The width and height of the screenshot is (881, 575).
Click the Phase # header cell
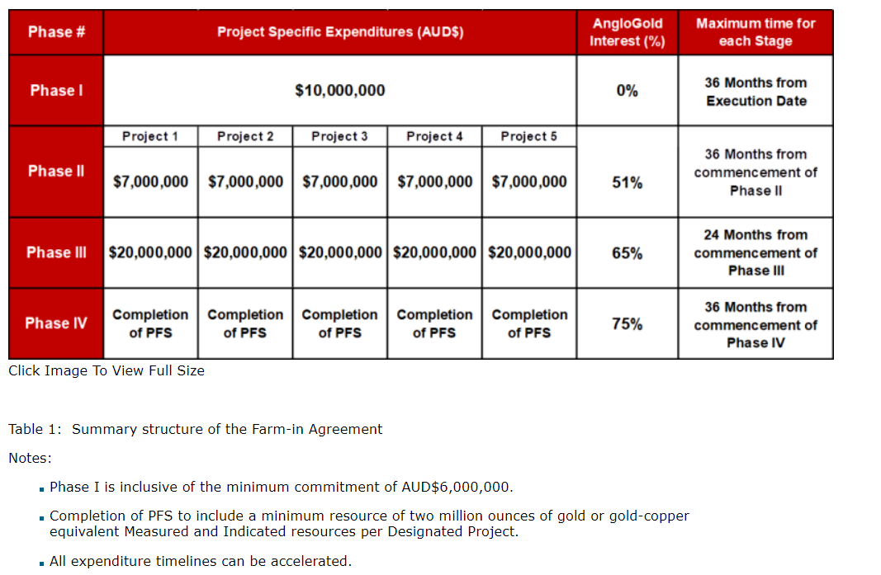pos(55,32)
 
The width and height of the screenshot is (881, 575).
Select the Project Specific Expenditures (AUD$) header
pos(340,32)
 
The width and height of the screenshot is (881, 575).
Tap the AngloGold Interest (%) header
pos(627,32)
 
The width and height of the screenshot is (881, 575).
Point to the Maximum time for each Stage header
pos(755,32)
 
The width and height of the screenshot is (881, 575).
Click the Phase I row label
pos(55,90)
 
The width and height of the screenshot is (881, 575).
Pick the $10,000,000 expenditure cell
pos(340,90)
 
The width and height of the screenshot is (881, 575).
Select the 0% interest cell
pos(627,90)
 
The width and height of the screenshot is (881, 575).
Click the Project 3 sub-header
pos(339,136)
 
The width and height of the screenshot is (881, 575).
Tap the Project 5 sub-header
pos(528,136)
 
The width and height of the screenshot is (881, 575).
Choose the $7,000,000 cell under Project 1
pos(150,181)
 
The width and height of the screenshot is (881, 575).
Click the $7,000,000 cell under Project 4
pos(434,181)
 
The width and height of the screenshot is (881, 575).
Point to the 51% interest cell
pos(627,182)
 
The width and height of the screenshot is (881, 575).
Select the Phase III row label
pos(55,252)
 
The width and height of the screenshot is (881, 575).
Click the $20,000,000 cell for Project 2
pos(245,252)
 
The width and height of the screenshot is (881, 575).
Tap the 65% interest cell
pos(627,253)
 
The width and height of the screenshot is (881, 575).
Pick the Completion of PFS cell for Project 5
pos(529,323)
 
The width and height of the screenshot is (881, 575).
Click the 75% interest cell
pos(627,324)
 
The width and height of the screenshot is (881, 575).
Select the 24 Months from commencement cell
pos(755,252)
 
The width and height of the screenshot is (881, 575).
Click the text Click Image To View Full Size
pos(107,370)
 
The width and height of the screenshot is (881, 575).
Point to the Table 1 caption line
pos(196,429)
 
